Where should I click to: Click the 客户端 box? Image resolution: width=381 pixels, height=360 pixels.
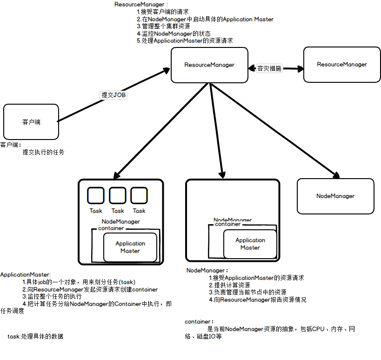tap(31, 122)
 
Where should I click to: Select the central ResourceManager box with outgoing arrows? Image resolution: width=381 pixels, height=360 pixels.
tap(209, 65)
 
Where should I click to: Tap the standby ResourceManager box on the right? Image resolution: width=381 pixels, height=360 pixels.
tap(341, 65)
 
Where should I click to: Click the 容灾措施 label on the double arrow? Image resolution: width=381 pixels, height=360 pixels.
tap(269, 68)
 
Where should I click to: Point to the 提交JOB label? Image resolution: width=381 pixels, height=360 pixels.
tap(114, 95)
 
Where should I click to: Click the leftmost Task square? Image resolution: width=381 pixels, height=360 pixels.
tap(96, 195)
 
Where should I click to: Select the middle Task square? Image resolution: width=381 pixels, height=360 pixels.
tap(118, 195)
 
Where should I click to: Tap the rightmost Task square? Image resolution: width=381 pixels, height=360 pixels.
tap(139, 195)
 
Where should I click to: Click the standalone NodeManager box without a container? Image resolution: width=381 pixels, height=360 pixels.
tap(335, 196)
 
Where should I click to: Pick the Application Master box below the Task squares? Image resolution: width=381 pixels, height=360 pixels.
tap(130, 247)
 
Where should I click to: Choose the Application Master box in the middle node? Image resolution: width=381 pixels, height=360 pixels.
tap(250, 244)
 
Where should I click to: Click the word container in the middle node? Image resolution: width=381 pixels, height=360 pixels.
tap(227, 224)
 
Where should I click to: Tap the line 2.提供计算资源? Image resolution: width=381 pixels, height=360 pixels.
tap(229, 285)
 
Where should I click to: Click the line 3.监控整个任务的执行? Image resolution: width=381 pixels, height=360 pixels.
tap(52, 296)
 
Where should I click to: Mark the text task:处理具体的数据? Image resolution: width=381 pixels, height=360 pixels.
tap(35, 337)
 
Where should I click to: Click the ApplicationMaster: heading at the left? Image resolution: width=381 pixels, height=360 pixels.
tap(25, 274)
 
